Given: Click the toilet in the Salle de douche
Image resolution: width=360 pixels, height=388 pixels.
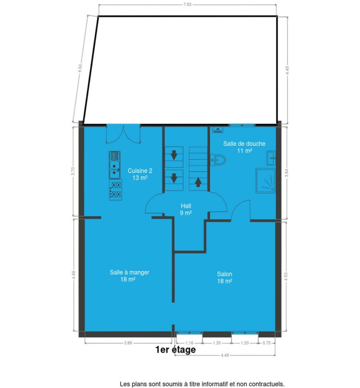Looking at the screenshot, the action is tap(218, 160).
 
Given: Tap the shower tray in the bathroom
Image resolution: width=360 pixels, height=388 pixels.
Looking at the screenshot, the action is tap(266, 181).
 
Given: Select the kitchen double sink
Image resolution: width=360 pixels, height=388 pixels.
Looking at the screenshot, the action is tap(114, 165).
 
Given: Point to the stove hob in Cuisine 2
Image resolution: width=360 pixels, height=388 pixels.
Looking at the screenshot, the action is tap(116, 189).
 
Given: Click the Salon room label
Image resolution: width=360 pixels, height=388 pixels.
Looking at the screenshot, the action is tap(225, 277).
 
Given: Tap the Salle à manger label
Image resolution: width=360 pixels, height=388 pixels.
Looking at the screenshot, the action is tap(129, 276).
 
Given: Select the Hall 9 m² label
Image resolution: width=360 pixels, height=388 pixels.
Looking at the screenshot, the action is tap(186, 209).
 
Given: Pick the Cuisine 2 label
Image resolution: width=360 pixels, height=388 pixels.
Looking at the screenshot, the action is tap(140, 174).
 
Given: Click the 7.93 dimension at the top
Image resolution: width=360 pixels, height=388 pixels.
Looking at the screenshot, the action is tap(187, 5).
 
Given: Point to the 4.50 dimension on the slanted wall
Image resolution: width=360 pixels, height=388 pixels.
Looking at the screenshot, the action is tap(80, 68).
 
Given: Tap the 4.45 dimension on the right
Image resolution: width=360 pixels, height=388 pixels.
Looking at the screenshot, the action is tap(287, 70).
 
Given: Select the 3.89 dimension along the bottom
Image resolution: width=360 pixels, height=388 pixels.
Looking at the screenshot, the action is tap(128, 343).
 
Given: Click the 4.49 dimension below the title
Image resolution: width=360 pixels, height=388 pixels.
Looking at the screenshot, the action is tap(225, 355).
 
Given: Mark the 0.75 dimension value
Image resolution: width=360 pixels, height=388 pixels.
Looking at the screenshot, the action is tap(266, 343).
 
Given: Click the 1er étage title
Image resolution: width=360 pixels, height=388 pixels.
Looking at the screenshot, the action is tap(176, 349).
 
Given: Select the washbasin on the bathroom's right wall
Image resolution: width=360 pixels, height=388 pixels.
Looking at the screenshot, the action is tap(271, 158).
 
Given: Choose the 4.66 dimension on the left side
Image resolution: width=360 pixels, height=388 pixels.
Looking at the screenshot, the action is tap(74, 275).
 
